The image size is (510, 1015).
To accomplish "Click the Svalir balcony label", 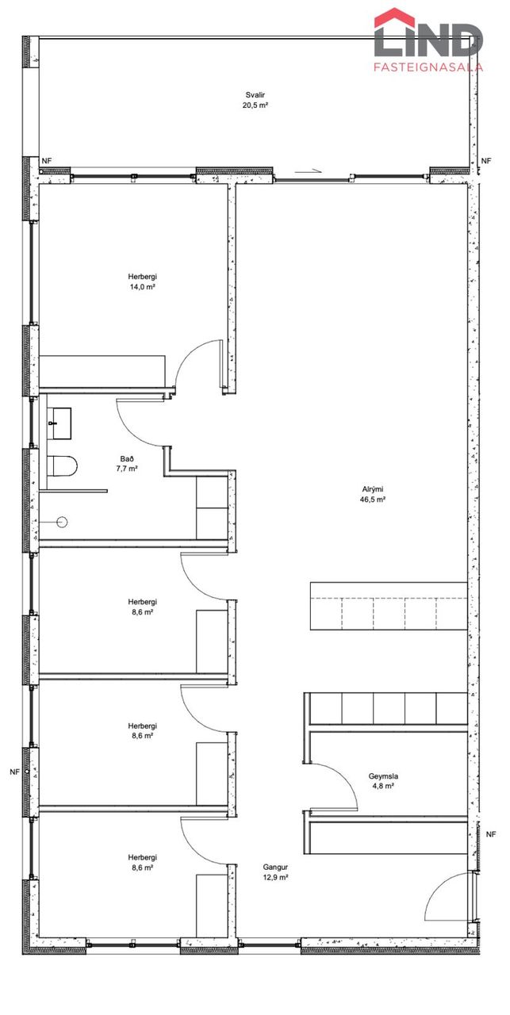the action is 255,95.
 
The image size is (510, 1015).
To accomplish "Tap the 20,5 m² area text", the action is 255,105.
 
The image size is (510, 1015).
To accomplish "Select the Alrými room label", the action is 373,489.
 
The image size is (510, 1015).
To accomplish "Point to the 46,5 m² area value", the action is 373,500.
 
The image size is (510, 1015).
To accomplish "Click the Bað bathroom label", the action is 127,458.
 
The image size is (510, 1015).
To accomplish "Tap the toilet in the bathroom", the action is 62,465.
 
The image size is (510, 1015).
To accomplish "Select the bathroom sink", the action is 59,423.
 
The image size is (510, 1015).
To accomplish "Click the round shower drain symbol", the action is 62,523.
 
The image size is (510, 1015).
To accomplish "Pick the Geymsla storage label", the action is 383,789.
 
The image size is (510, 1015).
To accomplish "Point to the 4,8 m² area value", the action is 383,799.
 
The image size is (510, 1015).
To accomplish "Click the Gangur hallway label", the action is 275,868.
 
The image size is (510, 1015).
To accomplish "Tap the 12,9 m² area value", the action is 275,877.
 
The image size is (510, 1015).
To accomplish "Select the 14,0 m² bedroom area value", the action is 143,287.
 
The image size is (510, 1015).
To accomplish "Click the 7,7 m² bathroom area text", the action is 127,469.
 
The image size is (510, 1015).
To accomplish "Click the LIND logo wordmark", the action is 428,40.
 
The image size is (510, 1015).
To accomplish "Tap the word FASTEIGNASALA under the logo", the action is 428,67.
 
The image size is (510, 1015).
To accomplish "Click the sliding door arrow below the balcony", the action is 309,171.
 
